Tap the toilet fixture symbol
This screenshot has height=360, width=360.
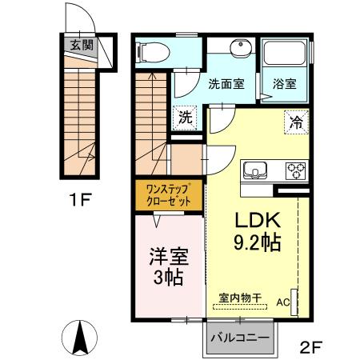coord(153,52)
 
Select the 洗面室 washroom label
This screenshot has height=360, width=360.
coord(226,83)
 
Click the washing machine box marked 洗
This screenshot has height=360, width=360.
coord(186,117)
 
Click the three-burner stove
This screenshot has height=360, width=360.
coord(296,170)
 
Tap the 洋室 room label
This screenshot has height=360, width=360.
coord(167,258)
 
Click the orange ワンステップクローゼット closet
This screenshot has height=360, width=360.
coord(169,195)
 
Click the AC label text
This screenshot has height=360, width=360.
coord(282,303)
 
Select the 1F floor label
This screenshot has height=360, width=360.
coord(80,197)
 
